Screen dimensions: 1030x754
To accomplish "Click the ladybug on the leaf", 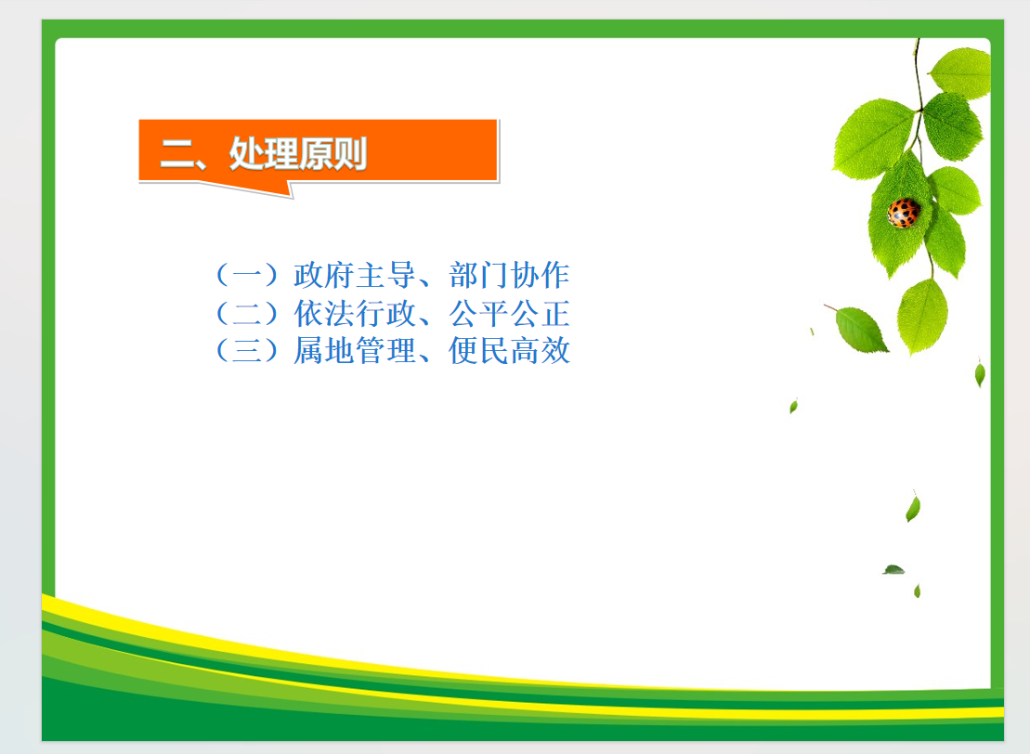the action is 904,213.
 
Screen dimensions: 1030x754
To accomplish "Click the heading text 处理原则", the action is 297,154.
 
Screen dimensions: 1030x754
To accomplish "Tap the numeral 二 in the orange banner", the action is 177,154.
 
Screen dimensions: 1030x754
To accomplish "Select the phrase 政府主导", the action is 355,275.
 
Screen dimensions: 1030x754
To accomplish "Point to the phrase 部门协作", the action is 509,275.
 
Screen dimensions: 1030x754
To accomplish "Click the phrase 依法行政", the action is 355,313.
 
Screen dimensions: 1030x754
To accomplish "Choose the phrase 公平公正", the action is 509,313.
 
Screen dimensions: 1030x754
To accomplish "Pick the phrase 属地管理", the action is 355,351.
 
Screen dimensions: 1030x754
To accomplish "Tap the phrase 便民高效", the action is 509,351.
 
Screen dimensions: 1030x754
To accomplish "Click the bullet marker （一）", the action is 247,275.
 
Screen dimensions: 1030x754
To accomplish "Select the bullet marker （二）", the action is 247,313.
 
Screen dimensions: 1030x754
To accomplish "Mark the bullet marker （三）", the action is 247,351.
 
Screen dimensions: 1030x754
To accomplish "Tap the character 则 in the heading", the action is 350,154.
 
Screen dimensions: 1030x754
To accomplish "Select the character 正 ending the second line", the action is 555,313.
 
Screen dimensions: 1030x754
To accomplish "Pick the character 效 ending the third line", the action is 555,351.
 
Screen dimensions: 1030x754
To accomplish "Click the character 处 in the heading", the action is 246,154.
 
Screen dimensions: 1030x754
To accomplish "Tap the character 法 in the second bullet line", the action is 339,313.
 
